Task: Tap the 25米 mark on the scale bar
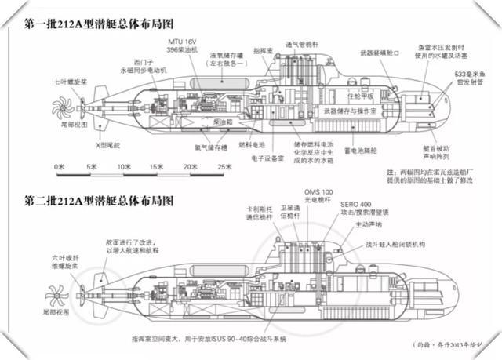click(224, 167)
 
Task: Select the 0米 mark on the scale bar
click(58, 167)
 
